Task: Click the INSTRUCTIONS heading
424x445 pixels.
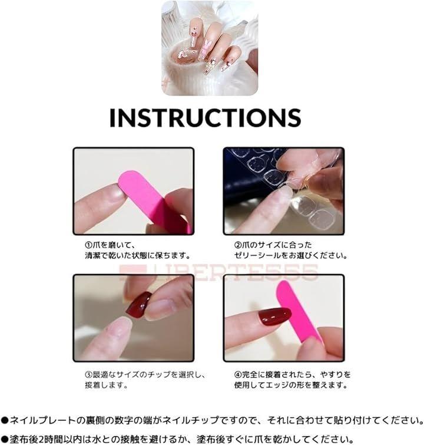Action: click(205, 117)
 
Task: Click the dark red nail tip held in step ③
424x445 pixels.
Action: click(138, 305)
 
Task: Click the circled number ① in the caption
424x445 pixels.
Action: click(89, 245)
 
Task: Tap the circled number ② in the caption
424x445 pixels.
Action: click(238, 245)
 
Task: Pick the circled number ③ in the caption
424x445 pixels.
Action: click(89, 375)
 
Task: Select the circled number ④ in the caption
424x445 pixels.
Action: click(238, 375)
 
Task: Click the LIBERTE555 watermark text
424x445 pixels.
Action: click(218, 272)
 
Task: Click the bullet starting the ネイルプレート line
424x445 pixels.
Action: click(5, 420)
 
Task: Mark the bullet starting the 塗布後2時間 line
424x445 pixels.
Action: click(5, 440)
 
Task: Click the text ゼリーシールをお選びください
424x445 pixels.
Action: click(291, 255)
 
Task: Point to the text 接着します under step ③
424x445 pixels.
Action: click(106, 385)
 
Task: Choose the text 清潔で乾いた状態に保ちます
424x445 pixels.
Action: click(138, 255)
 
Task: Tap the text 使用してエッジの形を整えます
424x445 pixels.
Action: click(291, 385)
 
